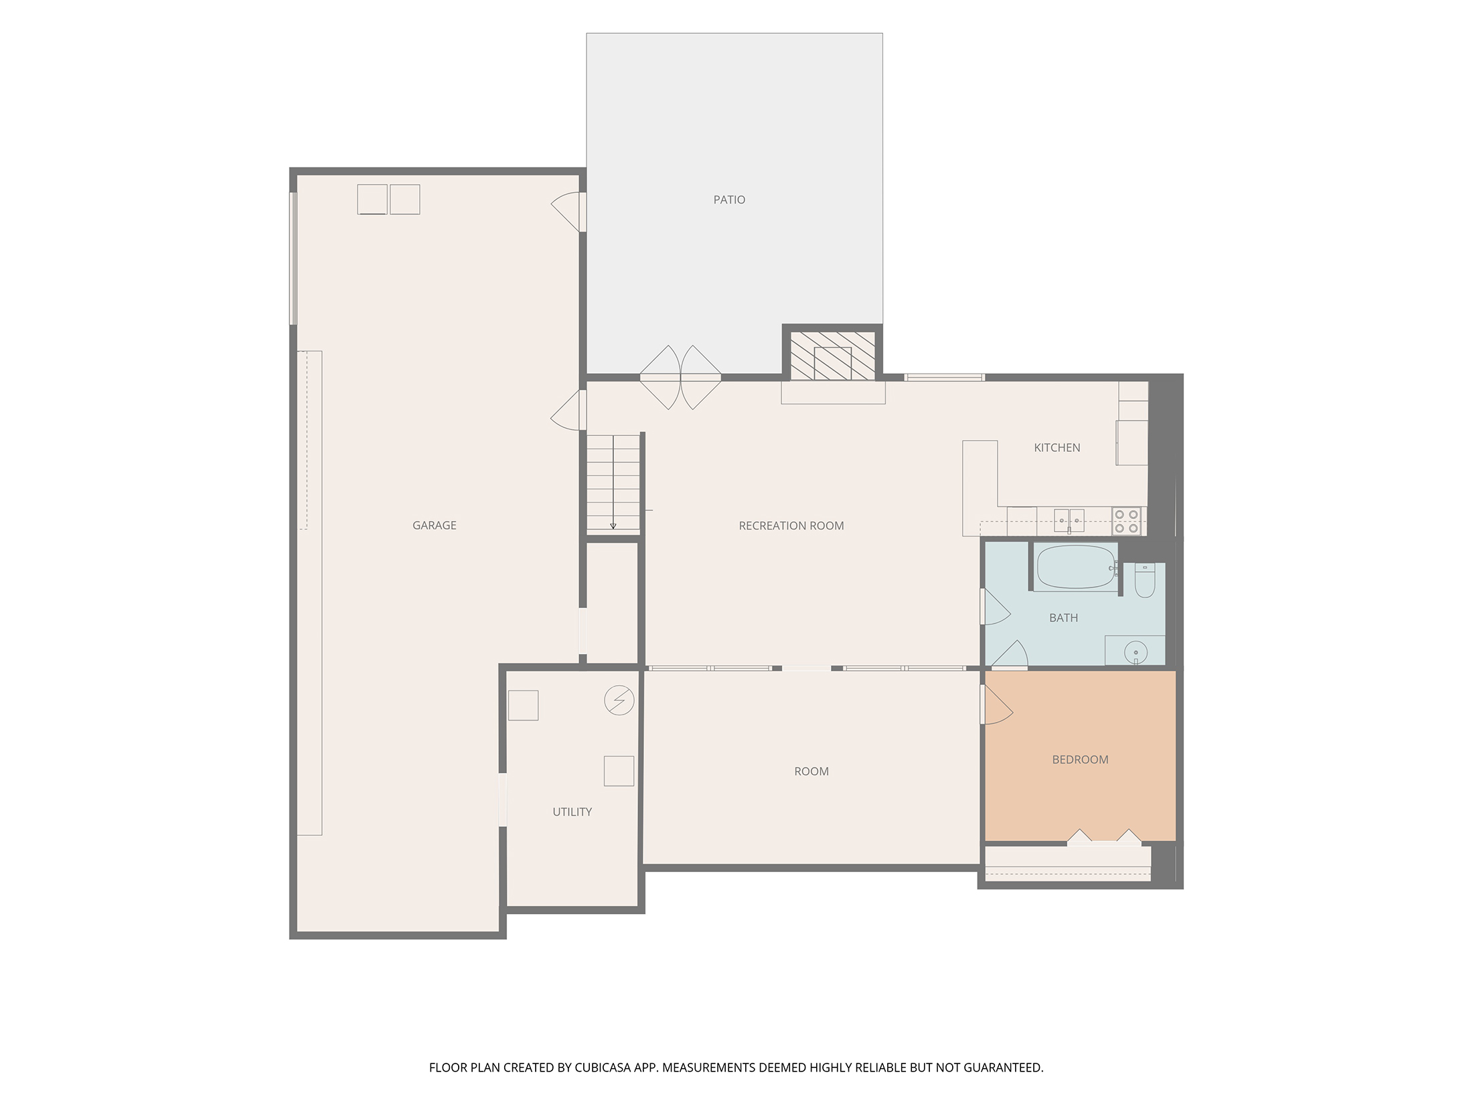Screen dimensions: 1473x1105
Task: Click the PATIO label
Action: point(729,200)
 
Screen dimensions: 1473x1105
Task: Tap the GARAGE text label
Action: point(435,526)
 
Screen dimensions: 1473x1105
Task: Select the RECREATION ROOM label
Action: point(791,526)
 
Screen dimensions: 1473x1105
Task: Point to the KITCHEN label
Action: point(1057,448)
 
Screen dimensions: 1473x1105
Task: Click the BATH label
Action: point(1063,618)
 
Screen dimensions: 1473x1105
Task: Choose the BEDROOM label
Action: point(1080,759)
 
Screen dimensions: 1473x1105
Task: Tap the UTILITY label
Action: point(572,812)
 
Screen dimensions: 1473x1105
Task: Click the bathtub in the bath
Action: point(1076,567)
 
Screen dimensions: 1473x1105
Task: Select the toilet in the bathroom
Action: point(1144,580)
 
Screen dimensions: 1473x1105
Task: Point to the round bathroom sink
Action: point(1136,651)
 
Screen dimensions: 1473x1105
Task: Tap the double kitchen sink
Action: point(1069,520)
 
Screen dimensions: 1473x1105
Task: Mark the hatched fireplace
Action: point(832,356)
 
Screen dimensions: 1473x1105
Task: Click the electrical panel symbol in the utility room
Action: point(619,701)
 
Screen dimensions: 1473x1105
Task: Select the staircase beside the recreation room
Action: point(613,483)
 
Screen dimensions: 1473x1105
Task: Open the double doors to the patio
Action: point(680,378)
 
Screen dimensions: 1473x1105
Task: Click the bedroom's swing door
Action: point(996,705)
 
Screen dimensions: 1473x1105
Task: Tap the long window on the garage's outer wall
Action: point(293,259)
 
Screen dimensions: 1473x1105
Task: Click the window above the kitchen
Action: point(944,378)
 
